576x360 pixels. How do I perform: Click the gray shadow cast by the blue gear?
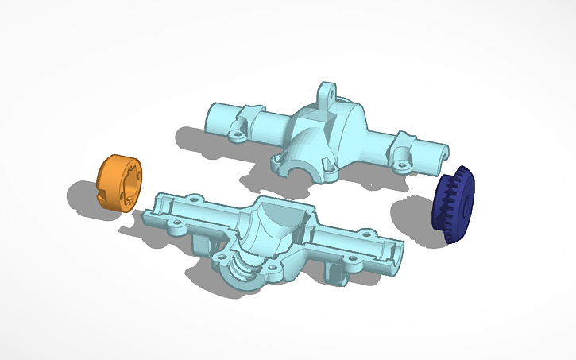point(413,219)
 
